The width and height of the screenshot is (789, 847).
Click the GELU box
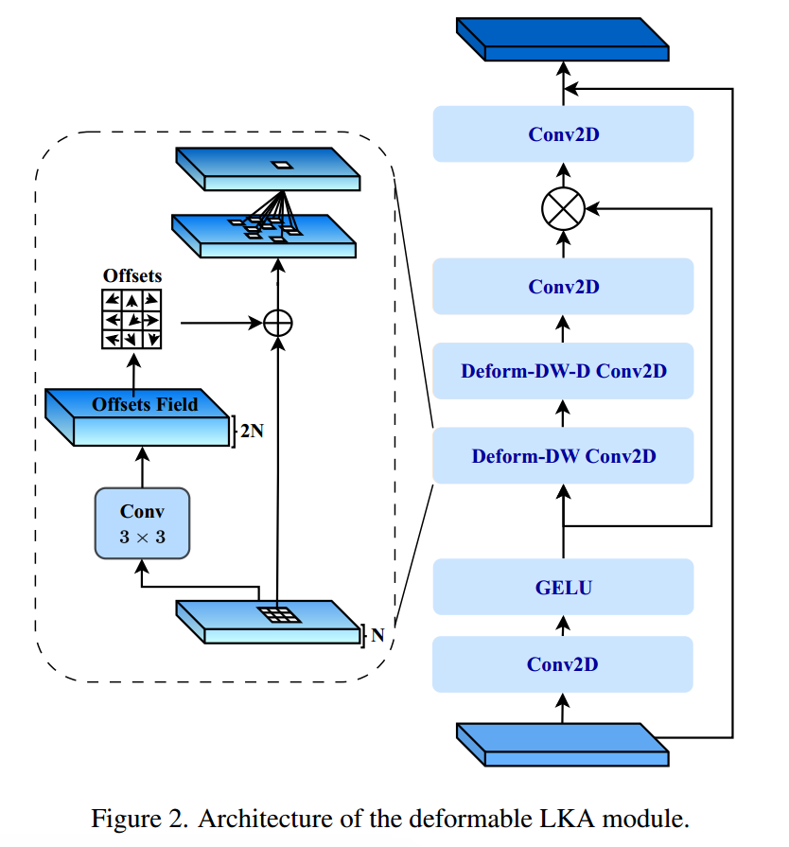(563, 588)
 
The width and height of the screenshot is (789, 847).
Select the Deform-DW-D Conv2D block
(563, 371)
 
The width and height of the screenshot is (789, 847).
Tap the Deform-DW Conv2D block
(563, 456)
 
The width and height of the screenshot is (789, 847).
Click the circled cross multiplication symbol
(563, 207)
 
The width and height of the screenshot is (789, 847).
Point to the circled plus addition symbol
(277, 323)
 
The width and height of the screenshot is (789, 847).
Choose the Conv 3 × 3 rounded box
(142, 522)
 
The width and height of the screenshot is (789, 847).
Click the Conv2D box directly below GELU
(563, 664)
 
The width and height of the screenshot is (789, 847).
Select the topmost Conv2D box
(563, 134)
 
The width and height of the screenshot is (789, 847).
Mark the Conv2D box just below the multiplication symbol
(563, 286)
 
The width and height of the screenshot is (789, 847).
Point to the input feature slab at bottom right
(562, 743)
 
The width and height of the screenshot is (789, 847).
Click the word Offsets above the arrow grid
(132, 276)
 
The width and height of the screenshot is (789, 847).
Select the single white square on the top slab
(283, 165)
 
